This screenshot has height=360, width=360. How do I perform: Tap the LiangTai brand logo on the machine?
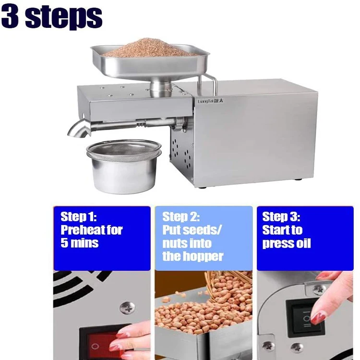pyautogui.click(x=211, y=101)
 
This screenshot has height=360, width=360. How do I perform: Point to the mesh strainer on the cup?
pyautogui.click(x=124, y=150)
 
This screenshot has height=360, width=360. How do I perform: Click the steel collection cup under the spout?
pyautogui.click(x=124, y=174)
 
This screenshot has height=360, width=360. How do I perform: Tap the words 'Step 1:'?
pyautogui.click(x=79, y=217)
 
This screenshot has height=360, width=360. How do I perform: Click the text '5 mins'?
pyautogui.click(x=79, y=243)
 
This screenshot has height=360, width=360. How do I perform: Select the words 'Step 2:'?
pyautogui.click(x=181, y=217)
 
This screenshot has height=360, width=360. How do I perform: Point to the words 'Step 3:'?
pyautogui.click(x=281, y=217)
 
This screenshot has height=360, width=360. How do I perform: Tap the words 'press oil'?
pyautogui.click(x=286, y=243)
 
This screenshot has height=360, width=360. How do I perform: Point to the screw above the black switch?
pyautogui.click(x=319, y=290)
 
